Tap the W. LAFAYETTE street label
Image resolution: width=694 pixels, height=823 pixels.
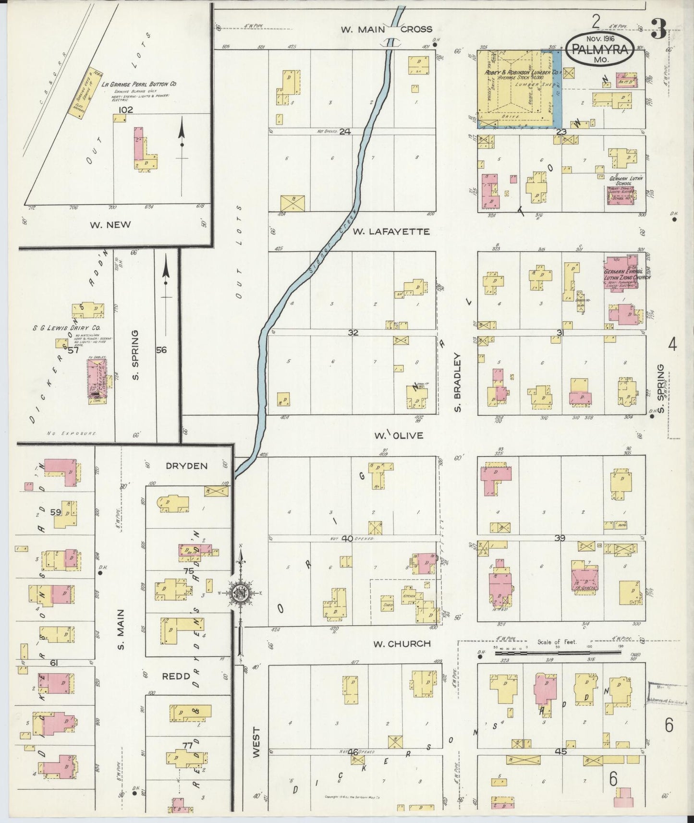(x=391, y=231)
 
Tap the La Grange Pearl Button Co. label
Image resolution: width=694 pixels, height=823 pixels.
(x=139, y=84)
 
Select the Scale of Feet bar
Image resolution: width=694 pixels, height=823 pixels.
(x=557, y=653)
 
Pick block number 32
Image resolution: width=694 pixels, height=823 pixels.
(x=353, y=332)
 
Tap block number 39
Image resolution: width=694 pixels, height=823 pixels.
(x=559, y=538)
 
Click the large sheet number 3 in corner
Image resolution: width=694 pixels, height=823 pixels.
(x=658, y=31)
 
